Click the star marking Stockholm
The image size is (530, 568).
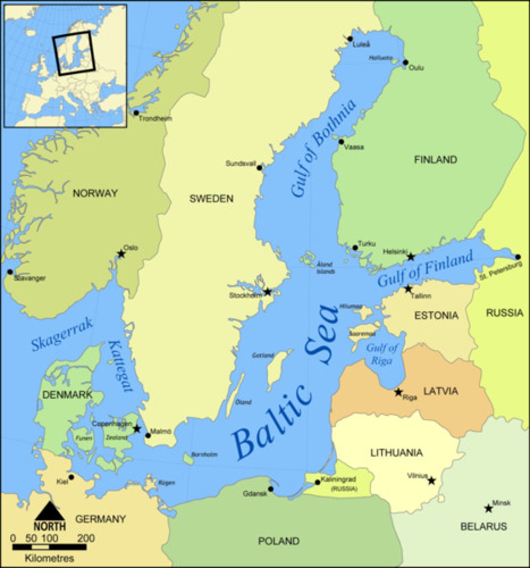[x=267, y=292]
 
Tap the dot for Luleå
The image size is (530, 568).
[x=350, y=39]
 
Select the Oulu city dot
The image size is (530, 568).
[x=406, y=62]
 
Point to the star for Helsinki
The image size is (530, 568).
[x=411, y=257]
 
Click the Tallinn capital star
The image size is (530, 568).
[x=408, y=289]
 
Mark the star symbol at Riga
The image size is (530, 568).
[x=398, y=392]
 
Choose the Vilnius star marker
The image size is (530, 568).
[x=432, y=481]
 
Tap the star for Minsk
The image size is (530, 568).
[x=488, y=508]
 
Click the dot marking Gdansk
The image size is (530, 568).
[x=271, y=489]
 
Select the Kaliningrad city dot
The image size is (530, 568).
[x=318, y=482]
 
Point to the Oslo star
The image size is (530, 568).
[x=121, y=254]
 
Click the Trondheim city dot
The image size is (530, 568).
[x=136, y=113]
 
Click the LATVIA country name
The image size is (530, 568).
[x=440, y=391]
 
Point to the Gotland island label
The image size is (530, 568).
[x=263, y=355]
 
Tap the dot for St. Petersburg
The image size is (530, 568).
[x=518, y=257]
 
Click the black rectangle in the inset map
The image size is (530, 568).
[x=74, y=52]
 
